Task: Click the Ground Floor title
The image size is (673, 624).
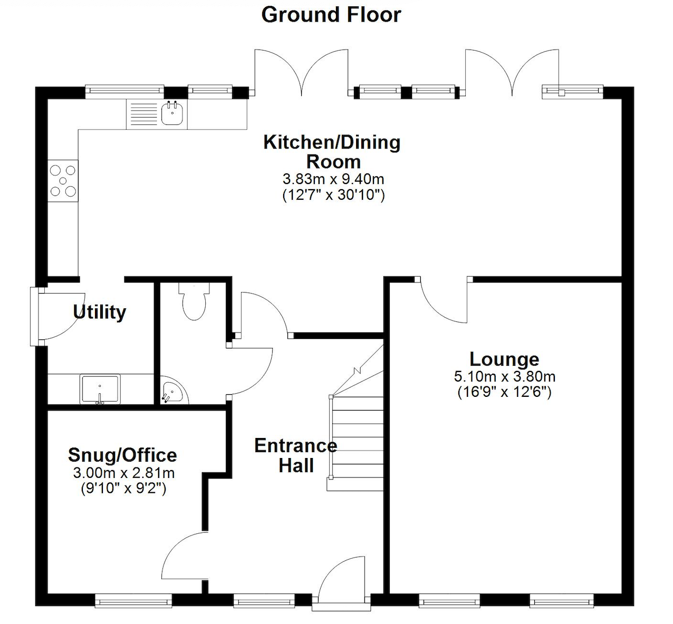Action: pos(331,15)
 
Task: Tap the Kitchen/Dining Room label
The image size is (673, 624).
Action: pos(332,152)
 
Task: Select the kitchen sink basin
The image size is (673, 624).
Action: pos(172,114)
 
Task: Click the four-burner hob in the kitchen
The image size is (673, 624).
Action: pos(63,181)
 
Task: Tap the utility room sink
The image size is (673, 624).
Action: pos(100,388)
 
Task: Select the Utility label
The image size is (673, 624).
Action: pos(100,312)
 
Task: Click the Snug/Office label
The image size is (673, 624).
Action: pos(122,455)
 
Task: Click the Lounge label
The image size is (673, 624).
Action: pos(504,359)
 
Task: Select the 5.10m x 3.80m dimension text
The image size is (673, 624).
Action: pos(504,377)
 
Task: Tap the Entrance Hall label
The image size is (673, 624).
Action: pos(295,455)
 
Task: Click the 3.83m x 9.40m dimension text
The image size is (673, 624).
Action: pos(333,179)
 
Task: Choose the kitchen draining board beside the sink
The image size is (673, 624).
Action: pos(143,114)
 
